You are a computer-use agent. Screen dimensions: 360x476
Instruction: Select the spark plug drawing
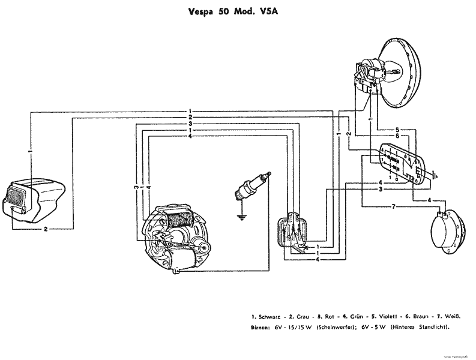(x=252, y=185)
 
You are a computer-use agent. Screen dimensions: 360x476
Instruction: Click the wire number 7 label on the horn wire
(x=393, y=207)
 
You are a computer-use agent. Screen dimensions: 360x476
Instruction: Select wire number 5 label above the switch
(x=397, y=130)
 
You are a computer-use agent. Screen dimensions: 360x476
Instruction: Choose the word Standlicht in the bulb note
(x=432, y=327)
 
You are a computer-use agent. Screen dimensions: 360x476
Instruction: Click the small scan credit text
(x=459, y=355)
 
